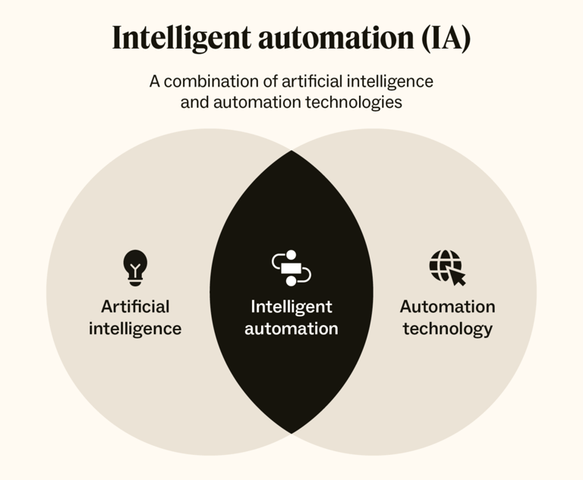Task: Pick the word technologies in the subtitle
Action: (x=357, y=102)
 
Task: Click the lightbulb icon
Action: (x=135, y=267)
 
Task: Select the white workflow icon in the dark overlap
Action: (x=291, y=267)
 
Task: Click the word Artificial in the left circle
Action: (x=135, y=307)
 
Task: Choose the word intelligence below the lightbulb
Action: (x=135, y=329)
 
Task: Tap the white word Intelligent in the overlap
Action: (x=291, y=307)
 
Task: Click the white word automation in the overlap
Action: (x=291, y=329)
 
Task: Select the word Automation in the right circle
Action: (x=447, y=307)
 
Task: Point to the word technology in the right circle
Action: (x=447, y=329)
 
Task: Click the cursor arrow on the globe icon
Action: (x=457, y=277)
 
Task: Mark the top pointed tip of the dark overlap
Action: (x=291, y=152)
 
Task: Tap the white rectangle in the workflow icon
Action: (x=291, y=267)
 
